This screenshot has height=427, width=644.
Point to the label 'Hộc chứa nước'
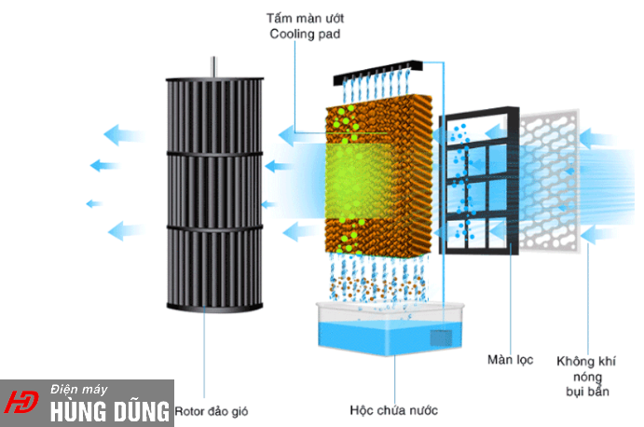coord(393,409)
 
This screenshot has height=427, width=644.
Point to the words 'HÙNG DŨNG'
coord(110,410)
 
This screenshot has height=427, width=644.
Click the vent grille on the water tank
coord(441,337)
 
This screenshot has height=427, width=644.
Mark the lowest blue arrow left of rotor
coord(126,229)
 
